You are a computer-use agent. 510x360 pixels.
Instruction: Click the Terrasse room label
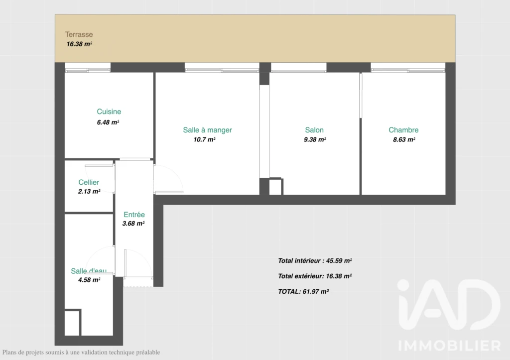click(79, 34)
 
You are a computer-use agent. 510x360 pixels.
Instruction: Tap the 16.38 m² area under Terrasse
click(79, 44)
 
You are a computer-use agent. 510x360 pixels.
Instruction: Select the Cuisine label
click(109, 112)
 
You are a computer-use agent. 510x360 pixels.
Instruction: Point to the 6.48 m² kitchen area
click(108, 122)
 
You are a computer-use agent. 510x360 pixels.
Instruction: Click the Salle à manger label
click(208, 130)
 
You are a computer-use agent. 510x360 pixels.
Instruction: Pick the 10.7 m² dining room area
click(204, 139)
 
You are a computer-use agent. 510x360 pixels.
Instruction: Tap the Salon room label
click(314, 130)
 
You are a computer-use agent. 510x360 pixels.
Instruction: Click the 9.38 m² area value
click(315, 139)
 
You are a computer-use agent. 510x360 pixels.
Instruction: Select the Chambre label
click(403, 130)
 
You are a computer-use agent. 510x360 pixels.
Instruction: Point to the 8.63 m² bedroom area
click(404, 139)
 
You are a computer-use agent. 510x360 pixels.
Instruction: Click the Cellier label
click(89, 182)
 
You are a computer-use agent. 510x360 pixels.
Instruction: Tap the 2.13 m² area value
click(89, 192)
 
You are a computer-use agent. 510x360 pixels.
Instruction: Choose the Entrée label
click(134, 215)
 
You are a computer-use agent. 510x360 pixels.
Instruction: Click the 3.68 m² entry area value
click(133, 224)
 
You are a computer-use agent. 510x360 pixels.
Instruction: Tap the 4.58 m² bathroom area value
click(89, 280)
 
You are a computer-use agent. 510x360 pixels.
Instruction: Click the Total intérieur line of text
click(315, 261)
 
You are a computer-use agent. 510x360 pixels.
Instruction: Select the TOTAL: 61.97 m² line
click(303, 292)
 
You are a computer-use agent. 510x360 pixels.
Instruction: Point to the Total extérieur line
click(315, 276)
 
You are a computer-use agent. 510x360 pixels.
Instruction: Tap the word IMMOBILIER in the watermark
click(450, 346)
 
